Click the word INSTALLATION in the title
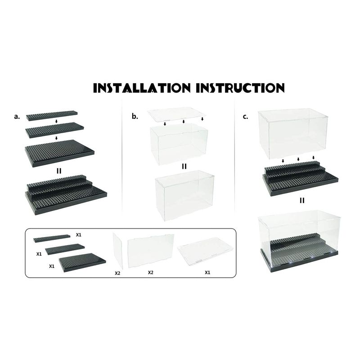pos(142,88)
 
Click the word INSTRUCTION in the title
pos(240,88)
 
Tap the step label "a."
pos(17,117)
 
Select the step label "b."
pos(135,117)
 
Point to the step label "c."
pos(245,117)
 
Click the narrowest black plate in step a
pos(52,116)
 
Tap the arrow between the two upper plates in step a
pos(57,121)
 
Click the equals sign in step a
pos(59,171)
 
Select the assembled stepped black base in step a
pos(66,195)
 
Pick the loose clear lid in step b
pos(176,114)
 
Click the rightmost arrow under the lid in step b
pos(202,119)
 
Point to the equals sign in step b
pos(184,166)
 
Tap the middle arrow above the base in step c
pos(298,159)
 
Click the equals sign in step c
pos(302,200)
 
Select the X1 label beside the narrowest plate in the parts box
pos(78,235)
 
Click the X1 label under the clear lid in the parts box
pos(207,273)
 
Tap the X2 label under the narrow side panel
pos(117,273)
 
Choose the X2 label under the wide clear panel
pos(150,273)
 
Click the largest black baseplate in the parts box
pos(82,262)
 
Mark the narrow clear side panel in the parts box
pos(118,251)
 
